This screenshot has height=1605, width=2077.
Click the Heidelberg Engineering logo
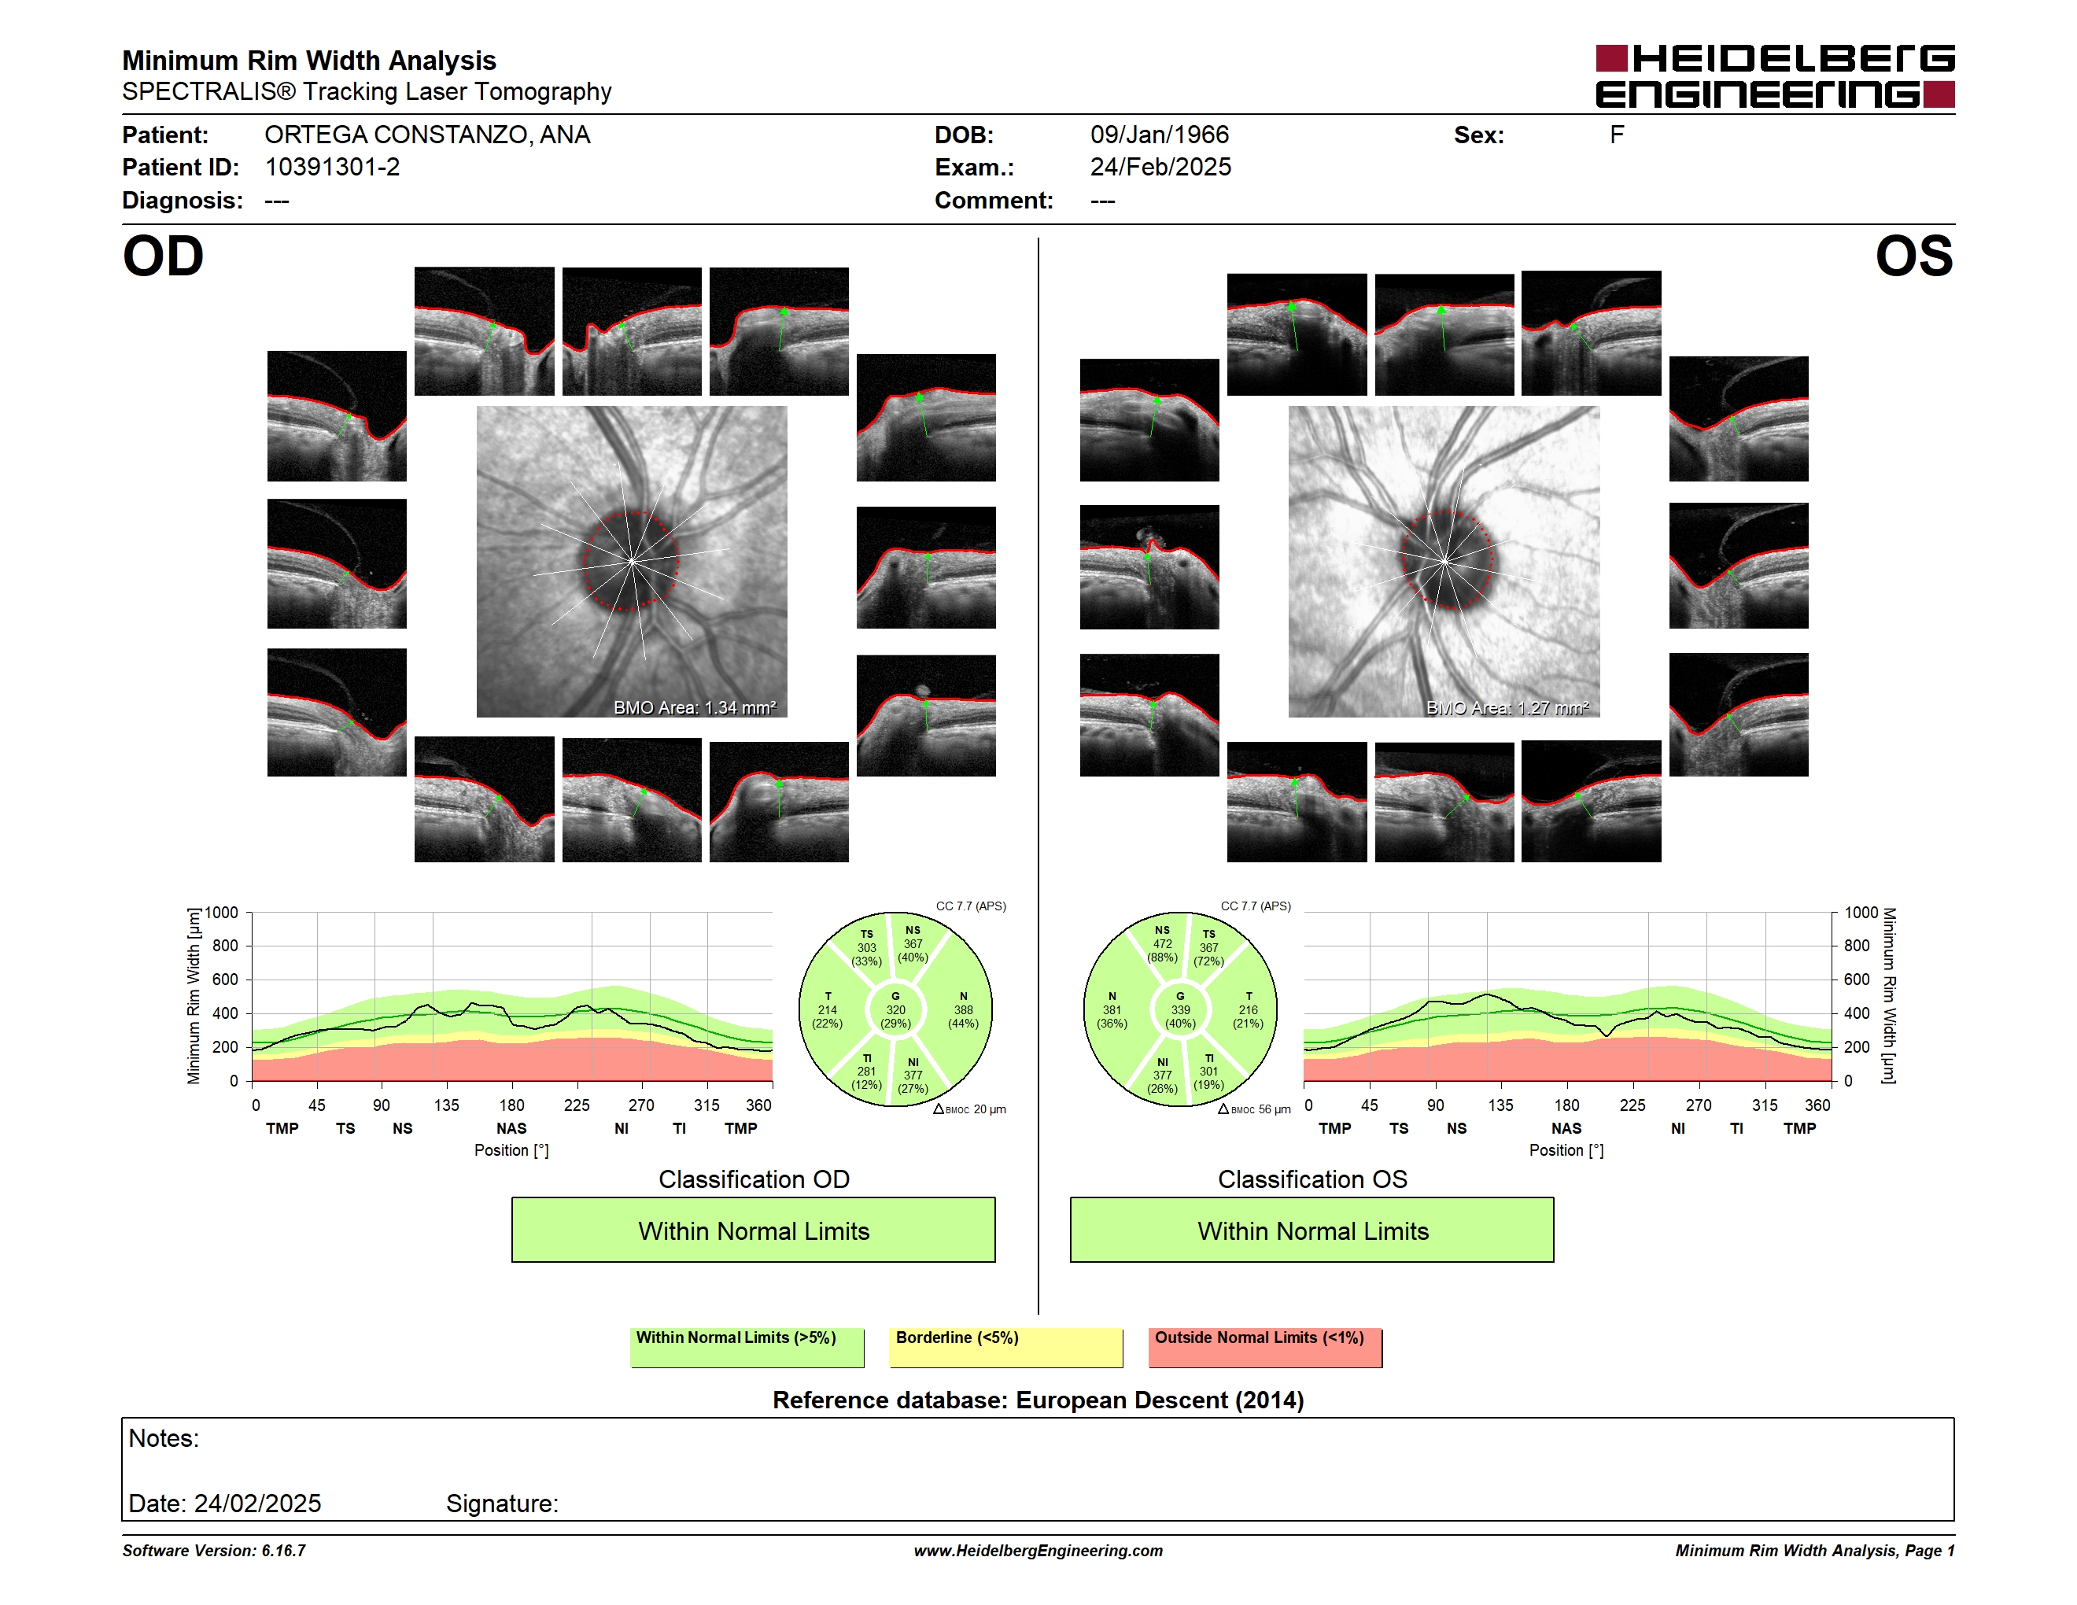tap(1775, 76)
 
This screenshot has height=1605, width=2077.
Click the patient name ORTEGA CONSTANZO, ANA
tap(427, 135)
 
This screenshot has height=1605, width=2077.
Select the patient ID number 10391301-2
tap(332, 168)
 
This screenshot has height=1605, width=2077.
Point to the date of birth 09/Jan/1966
tap(1160, 135)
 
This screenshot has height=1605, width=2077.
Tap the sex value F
tap(1617, 135)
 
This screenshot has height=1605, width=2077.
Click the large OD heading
tap(163, 256)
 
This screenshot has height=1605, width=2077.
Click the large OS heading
tap(1913, 256)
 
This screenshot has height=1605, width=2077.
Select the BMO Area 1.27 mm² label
tap(1507, 707)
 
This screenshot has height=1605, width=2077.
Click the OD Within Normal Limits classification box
tap(753, 1230)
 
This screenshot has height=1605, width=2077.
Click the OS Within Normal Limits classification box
tap(1312, 1230)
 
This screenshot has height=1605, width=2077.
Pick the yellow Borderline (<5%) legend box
tap(1006, 1347)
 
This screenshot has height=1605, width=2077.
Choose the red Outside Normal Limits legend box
tap(1265, 1347)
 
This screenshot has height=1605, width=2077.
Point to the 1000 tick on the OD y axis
tap(220, 913)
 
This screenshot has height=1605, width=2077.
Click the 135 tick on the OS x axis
tap(1500, 1105)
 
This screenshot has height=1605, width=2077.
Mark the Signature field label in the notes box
tap(502, 1504)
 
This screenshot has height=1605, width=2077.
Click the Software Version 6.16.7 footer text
tap(214, 1551)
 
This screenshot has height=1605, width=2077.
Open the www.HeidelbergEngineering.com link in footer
tap(1038, 1551)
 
